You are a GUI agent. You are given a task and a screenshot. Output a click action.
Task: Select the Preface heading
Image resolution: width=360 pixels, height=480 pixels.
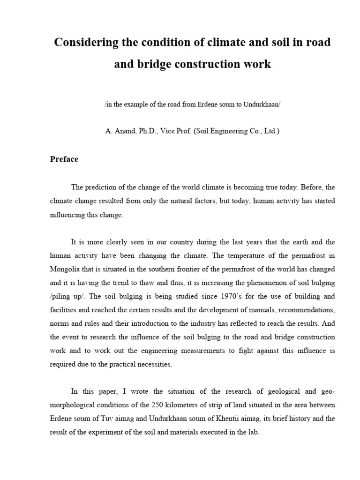[x=64, y=159]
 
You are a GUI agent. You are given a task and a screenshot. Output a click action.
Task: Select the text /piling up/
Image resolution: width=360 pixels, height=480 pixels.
[x=68, y=297]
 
